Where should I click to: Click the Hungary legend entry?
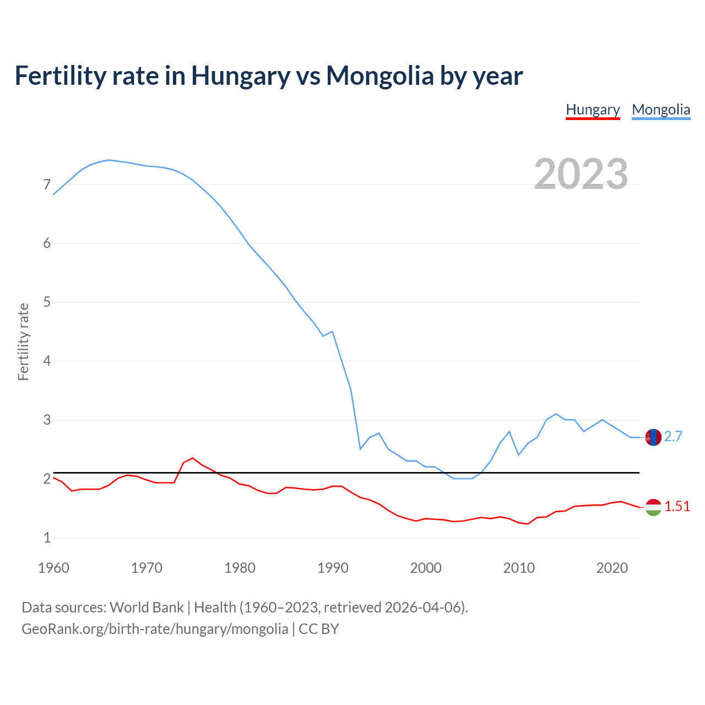click(593, 110)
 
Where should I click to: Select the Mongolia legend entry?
click(660, 110)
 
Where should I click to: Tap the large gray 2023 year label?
click(581, 174)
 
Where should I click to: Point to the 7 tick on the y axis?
click(47, 185)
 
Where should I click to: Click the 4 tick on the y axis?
click(47, 361)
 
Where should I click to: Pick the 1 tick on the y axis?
click(47, 538)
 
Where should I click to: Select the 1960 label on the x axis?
click(53, 568)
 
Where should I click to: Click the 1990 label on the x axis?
click(333, 568)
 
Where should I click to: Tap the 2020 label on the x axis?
click(612, 568)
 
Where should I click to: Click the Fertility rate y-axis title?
click(23, 341)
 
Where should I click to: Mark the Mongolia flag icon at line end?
click(653, 437)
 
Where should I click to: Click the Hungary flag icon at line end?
click(653, 507)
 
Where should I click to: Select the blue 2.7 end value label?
click(673, 437)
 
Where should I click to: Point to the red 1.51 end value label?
click(677, 507)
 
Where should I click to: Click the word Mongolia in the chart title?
click(379, 75)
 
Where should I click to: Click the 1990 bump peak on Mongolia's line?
click(332, 332)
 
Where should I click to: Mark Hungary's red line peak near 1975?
click(192, 458)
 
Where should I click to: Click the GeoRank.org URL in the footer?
click(155, 629)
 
